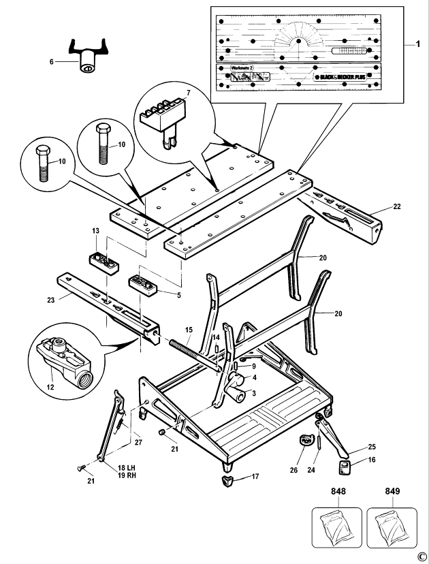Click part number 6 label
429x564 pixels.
[51, 61]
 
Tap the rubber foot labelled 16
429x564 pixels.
[346, 468]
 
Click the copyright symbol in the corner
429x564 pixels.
[422, 556]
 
